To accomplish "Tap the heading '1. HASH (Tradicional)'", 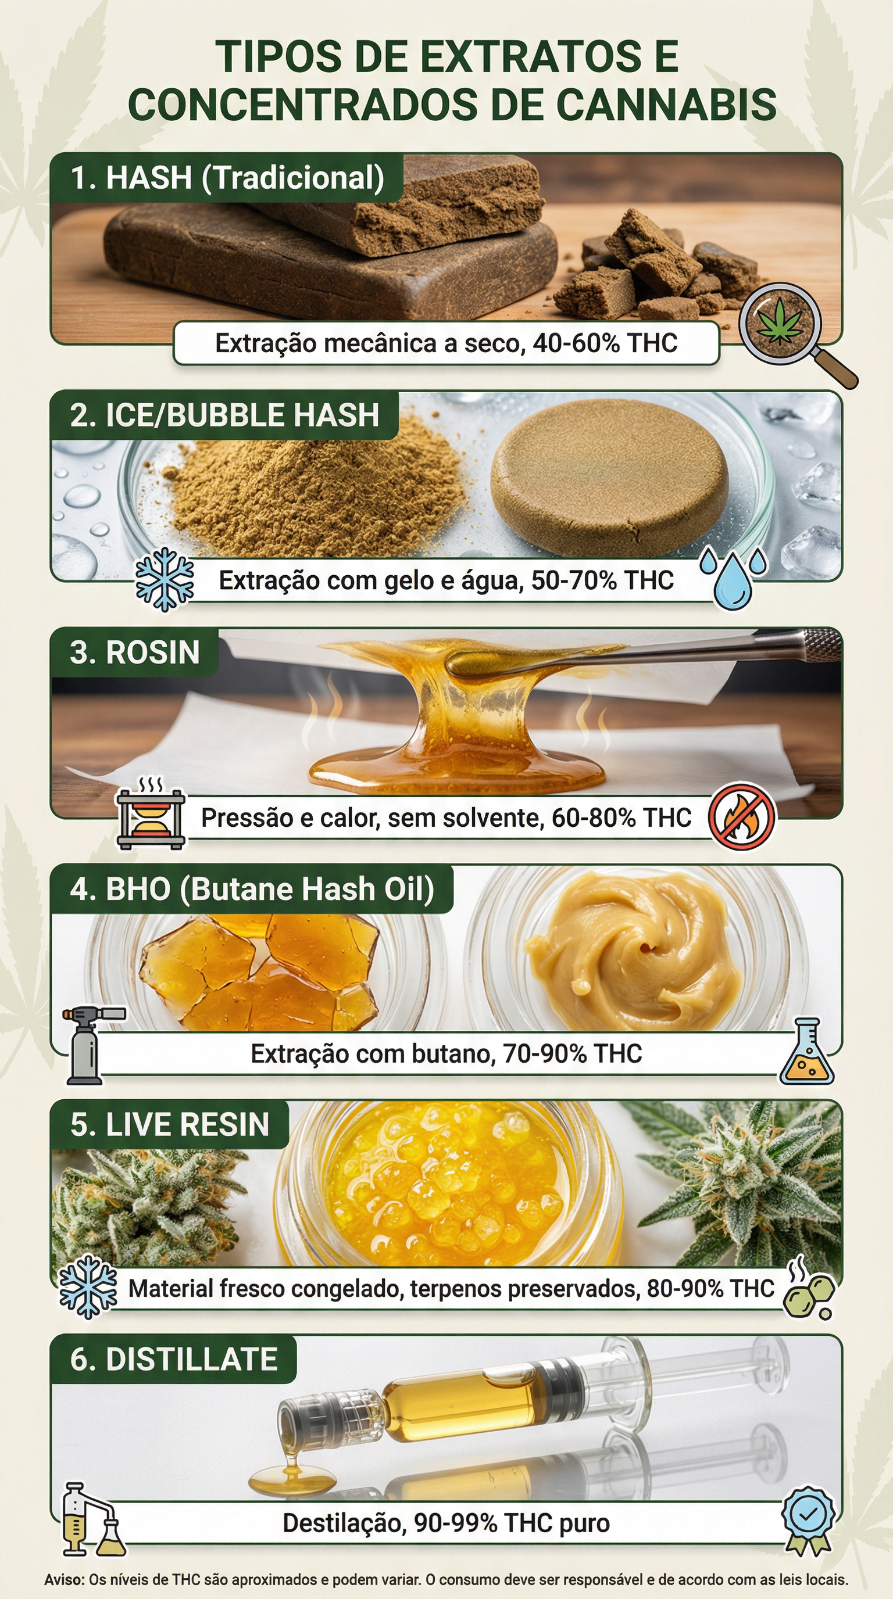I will pos(227,178).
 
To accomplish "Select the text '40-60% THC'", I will pos(605,343).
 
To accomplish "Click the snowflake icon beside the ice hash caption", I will pos(165,580).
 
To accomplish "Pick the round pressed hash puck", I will pos(609,484).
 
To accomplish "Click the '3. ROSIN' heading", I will pos(135,652).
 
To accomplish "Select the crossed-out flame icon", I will pos(742,817).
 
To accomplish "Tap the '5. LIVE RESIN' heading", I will pos(170,1125).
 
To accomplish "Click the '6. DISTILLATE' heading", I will pos(173,1360).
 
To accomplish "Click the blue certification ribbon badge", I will pos(808,1518).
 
